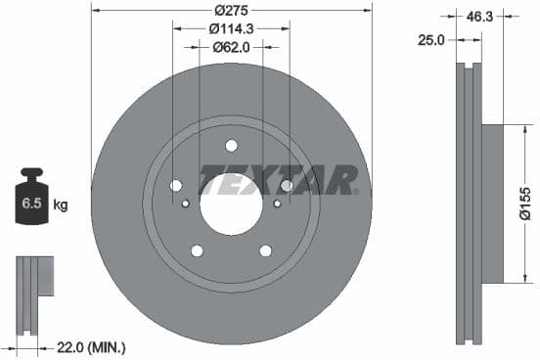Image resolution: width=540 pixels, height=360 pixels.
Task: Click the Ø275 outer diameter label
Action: point(231,11)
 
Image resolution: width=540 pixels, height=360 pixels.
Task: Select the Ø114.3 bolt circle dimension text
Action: point(231,29)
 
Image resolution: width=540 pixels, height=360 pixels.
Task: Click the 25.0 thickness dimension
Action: point(430,39)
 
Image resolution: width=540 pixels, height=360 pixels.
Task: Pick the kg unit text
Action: point(61,204)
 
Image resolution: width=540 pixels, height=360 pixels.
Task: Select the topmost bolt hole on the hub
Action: point(231,146)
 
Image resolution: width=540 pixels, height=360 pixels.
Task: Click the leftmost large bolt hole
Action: point(176,186)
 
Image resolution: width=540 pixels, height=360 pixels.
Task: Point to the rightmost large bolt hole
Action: point(287,186)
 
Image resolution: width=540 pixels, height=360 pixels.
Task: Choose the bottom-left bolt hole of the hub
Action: point(197,250)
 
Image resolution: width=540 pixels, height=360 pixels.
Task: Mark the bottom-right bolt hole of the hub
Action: point(265,250)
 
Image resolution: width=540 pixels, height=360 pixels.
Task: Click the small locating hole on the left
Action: point(186,203)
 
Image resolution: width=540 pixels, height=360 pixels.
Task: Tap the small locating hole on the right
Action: point(277,203)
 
